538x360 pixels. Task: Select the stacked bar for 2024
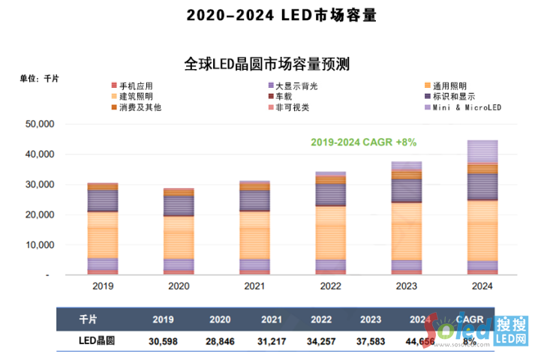pos(482,207)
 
